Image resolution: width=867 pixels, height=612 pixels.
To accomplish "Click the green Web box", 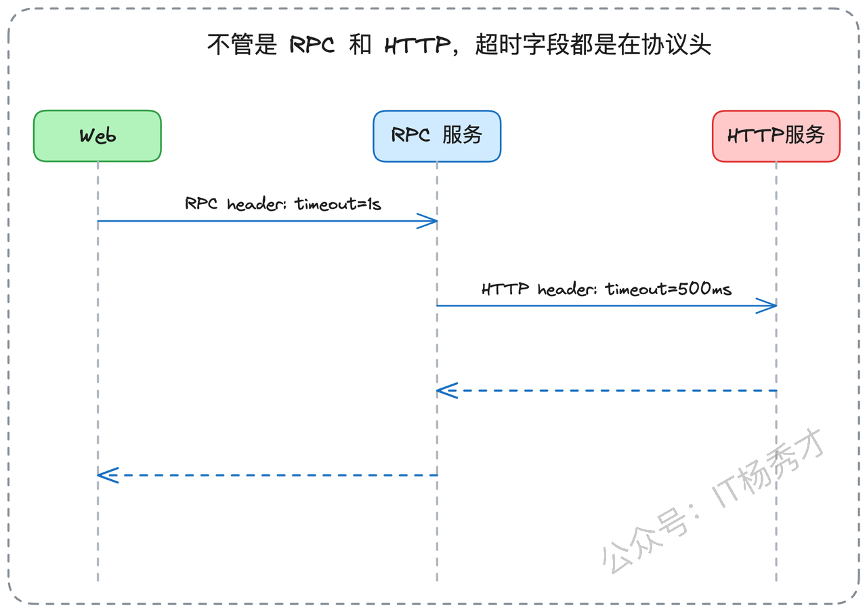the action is tap(98, 136).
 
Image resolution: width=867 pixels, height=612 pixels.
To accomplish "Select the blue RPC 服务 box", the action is tap(437, 136).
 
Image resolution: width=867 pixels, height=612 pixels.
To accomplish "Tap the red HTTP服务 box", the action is tap(776, 136).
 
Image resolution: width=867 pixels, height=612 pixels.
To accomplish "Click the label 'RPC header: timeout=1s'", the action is tap(283, 204).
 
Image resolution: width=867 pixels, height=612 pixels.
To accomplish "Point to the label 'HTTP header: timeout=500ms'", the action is tap(606, 289).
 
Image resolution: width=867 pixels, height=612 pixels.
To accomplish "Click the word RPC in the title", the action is tap(312, 45).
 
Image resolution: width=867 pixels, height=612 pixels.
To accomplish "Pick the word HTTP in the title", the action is tap(418, 45).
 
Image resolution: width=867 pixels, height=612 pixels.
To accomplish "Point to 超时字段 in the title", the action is tap(522, 45).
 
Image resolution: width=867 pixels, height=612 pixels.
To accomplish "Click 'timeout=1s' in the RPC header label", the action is tap(338, 204).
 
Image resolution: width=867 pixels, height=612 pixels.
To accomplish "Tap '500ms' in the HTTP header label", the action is tap(704, 289).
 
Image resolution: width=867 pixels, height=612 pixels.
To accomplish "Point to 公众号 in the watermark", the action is tap(644, 541).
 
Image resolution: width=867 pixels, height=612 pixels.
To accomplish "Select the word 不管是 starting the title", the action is tap(242, 45).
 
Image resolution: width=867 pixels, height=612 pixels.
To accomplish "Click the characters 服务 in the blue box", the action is tap(462, 135).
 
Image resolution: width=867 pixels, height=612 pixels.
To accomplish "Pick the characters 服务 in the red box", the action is tap(805, 135).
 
